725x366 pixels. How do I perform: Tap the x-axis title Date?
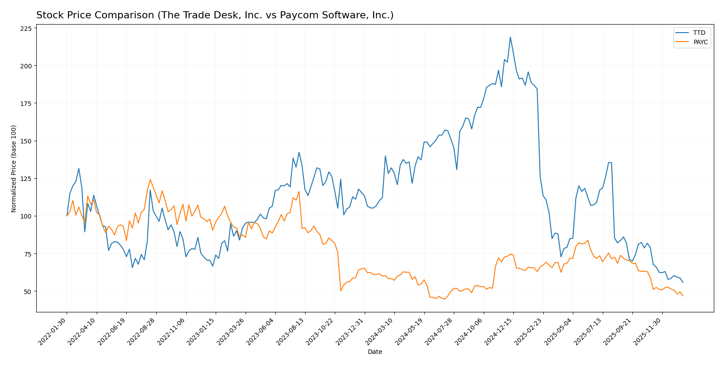pos(375,352)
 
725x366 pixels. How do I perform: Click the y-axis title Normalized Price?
pos(14,168)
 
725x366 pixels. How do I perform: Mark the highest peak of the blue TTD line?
pos(510,37)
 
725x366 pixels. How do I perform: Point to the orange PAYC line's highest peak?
pos(150,180)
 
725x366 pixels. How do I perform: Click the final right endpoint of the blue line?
pos(683,282)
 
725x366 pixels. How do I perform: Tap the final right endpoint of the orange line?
pos(683,296)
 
